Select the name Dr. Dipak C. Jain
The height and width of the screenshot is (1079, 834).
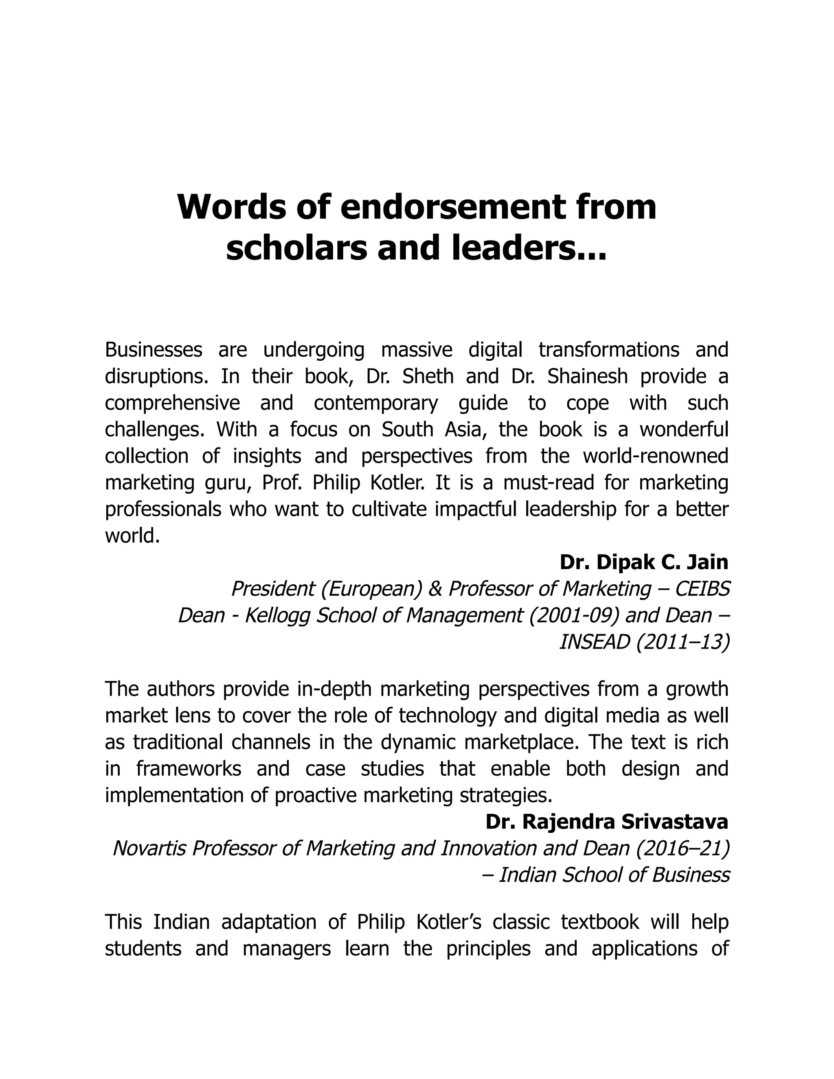[x=644, y=562]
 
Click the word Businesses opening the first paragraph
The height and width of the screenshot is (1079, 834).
[x=154, y=350]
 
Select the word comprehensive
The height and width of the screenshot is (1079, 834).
[x=172, y=403]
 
